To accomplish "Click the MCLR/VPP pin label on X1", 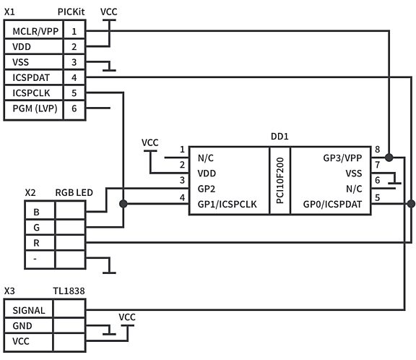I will coord(33,32).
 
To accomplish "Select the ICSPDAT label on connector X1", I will coord(31,78).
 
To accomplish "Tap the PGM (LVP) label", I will coord(33,109).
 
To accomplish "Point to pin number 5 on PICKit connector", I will coord(74,93).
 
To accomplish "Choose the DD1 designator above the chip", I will coord(278,136).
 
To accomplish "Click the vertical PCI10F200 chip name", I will coord(279,181).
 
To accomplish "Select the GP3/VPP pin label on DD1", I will coord(342,158).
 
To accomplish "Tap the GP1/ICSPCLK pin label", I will coord(227,205).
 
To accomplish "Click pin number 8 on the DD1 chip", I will coord(377,150).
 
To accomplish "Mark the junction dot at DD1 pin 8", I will coord(389,158).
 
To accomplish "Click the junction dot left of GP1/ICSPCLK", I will coord(123,205).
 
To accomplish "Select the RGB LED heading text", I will coord(73,193).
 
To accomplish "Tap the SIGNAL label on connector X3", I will coord(30,309).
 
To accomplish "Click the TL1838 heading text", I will coord(69,291).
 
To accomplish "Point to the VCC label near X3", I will coord(126,317).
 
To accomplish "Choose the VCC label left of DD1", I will coord(150,142).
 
